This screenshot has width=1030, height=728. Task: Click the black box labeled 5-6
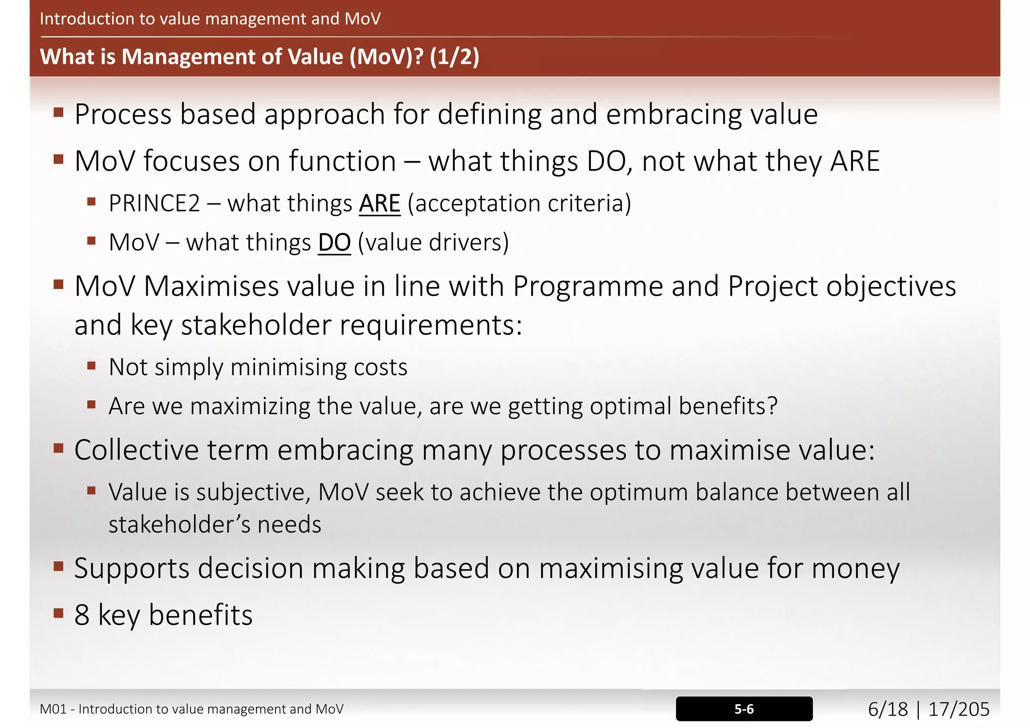click(x=744, y=709)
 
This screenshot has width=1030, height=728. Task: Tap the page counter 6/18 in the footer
click(x=888, y=709)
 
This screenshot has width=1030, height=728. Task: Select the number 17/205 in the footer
click(x=959, y=709)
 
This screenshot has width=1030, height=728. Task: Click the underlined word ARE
click(x=380, y=204)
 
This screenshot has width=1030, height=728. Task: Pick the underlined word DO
click(x=334, y=243)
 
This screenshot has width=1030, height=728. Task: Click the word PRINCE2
click(x=154, y=204)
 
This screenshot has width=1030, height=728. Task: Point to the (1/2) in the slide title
click(x=454, y=56)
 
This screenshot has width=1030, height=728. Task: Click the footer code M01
click(x=53, y=709)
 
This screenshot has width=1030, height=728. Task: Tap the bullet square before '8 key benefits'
click(x=58, y=613)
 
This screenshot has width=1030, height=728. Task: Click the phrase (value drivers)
click(x=433, y=243)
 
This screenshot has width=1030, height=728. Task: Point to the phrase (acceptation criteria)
click(x=519, y=204)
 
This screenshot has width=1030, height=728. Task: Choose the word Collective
click(x=136, y=449)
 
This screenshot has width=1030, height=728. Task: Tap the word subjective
click(x=253, y=492)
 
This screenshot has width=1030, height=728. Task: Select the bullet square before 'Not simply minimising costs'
click(x=91, y=366)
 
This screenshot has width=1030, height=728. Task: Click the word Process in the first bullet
click(x=123, y=115)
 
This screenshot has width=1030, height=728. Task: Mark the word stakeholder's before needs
click(x=179, y=525)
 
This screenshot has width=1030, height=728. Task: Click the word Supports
click(x=132, y=569)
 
